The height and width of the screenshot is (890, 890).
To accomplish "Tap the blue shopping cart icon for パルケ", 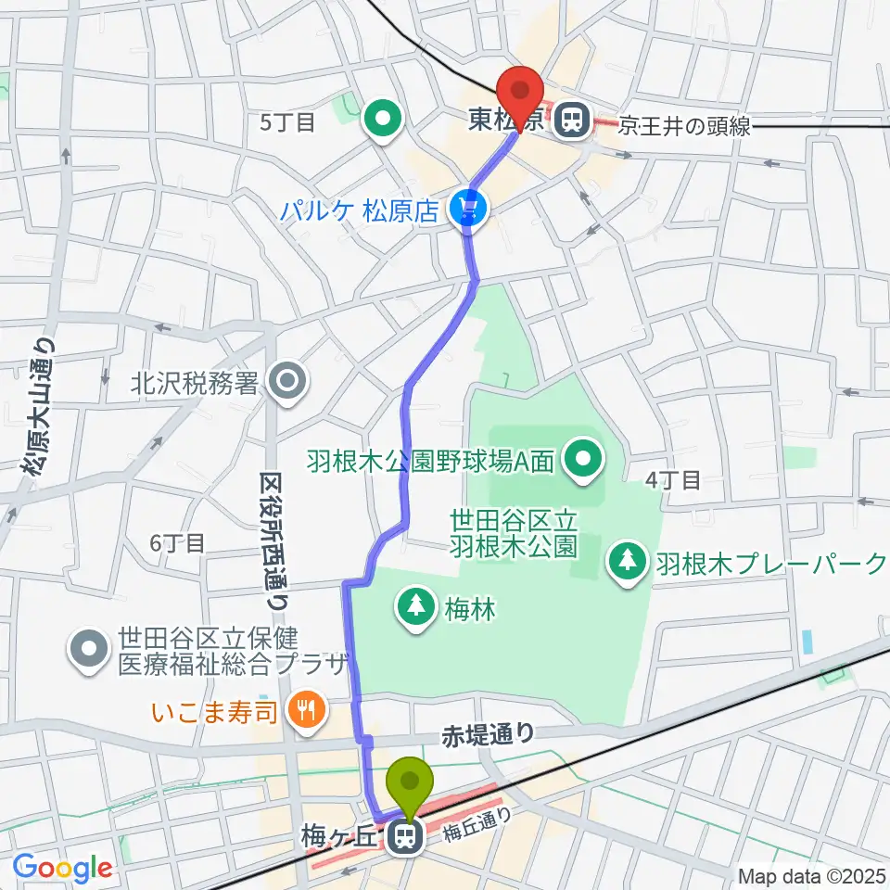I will (470, 210).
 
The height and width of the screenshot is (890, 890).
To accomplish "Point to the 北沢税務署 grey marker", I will (287, 382).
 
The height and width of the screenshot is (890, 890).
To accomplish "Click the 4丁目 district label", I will (672, 479).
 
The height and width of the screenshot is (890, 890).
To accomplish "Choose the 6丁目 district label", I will (176, 544).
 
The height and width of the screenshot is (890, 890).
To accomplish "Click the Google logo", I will (63, 868).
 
